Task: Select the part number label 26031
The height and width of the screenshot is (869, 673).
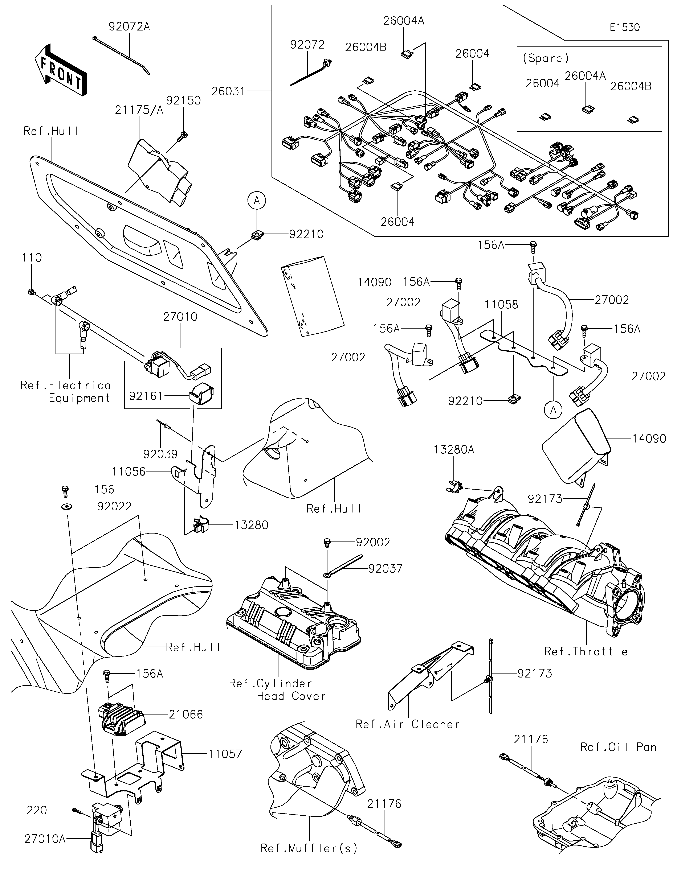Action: click(228, 91)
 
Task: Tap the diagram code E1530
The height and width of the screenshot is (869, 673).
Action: click(624, 28)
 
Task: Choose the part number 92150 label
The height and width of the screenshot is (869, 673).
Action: click(183, 100)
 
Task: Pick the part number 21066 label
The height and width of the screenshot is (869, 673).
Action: click(186, 714)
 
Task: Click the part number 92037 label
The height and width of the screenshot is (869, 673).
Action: click(385, 568)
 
